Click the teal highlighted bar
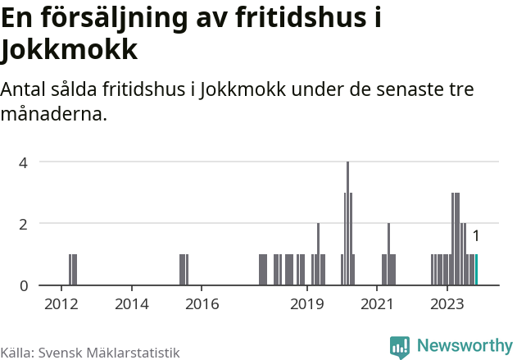tap(476, 270)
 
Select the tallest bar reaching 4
tap(348, 223)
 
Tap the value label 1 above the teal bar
tap(475, 236)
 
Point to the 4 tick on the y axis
tap(25, 162)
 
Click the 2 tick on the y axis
tap(25, 223)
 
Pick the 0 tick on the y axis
tap(25, 285)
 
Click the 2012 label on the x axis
tap(61, 303)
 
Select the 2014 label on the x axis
tap(131, 303)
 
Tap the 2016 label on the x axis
tap(202, 303)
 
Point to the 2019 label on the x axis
tap(307, 303)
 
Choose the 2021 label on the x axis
tap(377, 303)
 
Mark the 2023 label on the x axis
tap(447, 303)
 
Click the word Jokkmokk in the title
tap(68, 50)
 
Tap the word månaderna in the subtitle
tap(54, 114)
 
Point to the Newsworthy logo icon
tap(400, 347)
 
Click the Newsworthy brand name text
tap(464, 346)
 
